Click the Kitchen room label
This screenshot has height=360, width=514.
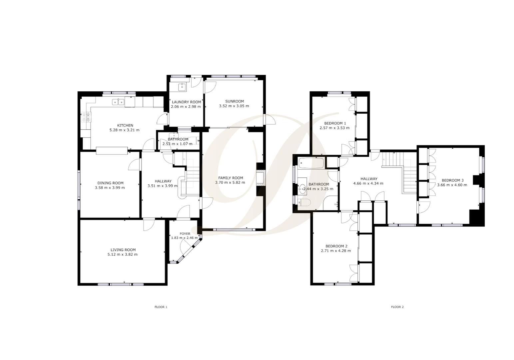(x=124, y=125)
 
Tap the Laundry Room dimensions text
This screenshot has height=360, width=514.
(x=186, y=107)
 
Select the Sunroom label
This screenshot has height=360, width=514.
(x=234, y=101)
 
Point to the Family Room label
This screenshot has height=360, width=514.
(x=230, y=178)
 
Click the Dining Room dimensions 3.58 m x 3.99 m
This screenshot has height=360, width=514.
(x=110, y=188)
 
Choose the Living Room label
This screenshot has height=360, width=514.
(x=123, y=250)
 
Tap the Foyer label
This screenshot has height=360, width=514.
(x=185, y=234)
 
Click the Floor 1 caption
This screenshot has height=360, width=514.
(x=161, y=307)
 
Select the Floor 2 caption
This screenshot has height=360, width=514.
(x=397, y=307)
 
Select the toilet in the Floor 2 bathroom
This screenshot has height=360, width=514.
(x=303, y=202)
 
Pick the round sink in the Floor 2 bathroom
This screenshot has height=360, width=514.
(x=302, y=189)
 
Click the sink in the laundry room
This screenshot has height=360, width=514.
(x=182, y=87)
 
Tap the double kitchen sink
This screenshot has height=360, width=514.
(x=118, y=102)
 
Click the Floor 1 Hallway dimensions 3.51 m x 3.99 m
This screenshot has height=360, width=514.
(x=163, y=186)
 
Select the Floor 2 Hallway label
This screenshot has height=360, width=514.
(x=369, y=179)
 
